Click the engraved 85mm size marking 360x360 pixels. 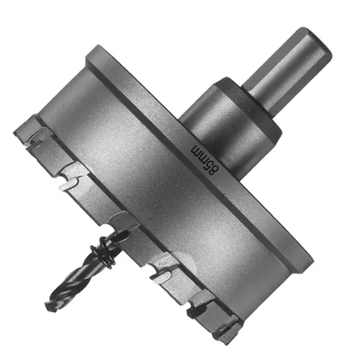click(x=205, y=158)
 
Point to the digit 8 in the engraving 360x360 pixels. click(x=212, y=170)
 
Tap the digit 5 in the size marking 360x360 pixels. click(x=208, y=163)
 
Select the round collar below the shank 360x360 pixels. click(x=231, y=128)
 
